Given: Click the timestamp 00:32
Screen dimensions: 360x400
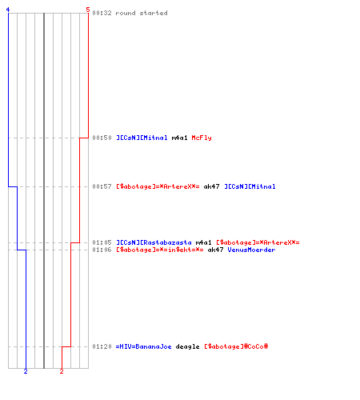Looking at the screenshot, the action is click(102, 13).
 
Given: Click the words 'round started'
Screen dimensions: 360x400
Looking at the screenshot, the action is click(142, 13).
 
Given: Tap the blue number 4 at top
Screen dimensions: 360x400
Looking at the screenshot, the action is click(8, 10).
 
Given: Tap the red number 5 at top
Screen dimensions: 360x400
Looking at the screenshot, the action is click(88, 10).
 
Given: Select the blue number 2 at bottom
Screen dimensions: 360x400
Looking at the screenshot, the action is click(26, 371).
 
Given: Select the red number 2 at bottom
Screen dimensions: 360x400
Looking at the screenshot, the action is click(62, 371).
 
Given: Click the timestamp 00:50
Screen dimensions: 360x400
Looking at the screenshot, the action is click(102, 138).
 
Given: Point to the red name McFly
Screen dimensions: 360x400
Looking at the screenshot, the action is click(202, 138).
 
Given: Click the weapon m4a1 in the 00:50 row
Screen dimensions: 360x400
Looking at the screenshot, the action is click(179, 138).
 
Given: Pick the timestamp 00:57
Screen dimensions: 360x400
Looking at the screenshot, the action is click(102, 186).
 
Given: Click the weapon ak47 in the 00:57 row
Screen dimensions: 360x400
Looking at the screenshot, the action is click(211, 186).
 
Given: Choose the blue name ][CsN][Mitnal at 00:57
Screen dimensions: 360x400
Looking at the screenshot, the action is click(250, 186).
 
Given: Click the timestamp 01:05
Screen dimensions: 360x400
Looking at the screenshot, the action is click(102, 242).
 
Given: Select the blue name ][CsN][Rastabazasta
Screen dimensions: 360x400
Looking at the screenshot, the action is click(154, 242).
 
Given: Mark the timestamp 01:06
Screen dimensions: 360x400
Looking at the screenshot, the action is click(102, 250).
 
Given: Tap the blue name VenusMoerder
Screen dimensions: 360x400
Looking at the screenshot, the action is click(251, 250).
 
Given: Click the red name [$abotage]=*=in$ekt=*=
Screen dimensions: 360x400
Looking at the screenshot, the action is click(160, 250).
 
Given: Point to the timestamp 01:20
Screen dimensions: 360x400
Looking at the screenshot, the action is click(102, 346).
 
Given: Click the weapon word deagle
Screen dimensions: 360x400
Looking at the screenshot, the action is click(187, 346).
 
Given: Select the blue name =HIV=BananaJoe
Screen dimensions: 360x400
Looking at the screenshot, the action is click(143, 346).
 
